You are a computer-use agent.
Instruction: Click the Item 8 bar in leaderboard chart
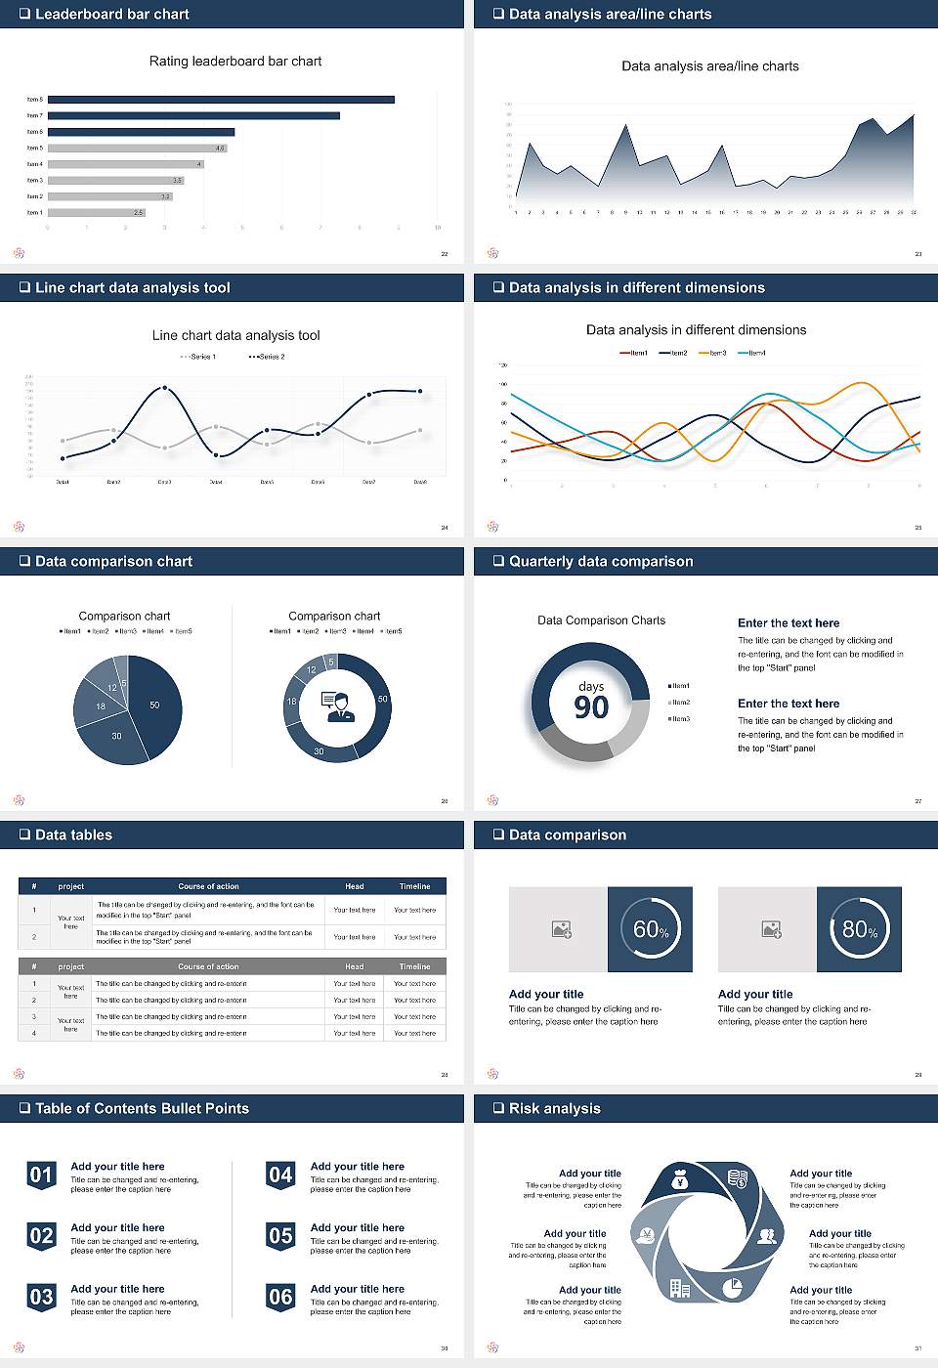221,100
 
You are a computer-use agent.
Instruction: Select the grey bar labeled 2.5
96,212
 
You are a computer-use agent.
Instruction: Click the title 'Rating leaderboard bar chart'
235,61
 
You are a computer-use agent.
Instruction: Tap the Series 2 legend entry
267,357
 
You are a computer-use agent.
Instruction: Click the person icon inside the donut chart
337,706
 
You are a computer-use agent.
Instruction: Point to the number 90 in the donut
591,707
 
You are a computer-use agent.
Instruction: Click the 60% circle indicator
651,929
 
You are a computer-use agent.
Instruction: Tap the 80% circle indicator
860,929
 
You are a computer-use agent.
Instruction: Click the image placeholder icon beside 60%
561,929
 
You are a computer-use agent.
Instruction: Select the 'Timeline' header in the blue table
414,886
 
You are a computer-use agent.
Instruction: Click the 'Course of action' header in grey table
208,966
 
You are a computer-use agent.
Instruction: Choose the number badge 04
280,1176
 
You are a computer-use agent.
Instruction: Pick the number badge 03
41,1298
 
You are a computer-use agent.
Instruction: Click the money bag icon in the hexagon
681,1181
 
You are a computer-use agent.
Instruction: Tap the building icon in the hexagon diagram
680,1289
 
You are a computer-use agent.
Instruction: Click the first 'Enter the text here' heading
789,623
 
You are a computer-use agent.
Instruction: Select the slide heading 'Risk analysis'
554,1108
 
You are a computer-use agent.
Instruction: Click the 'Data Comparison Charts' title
601,620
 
